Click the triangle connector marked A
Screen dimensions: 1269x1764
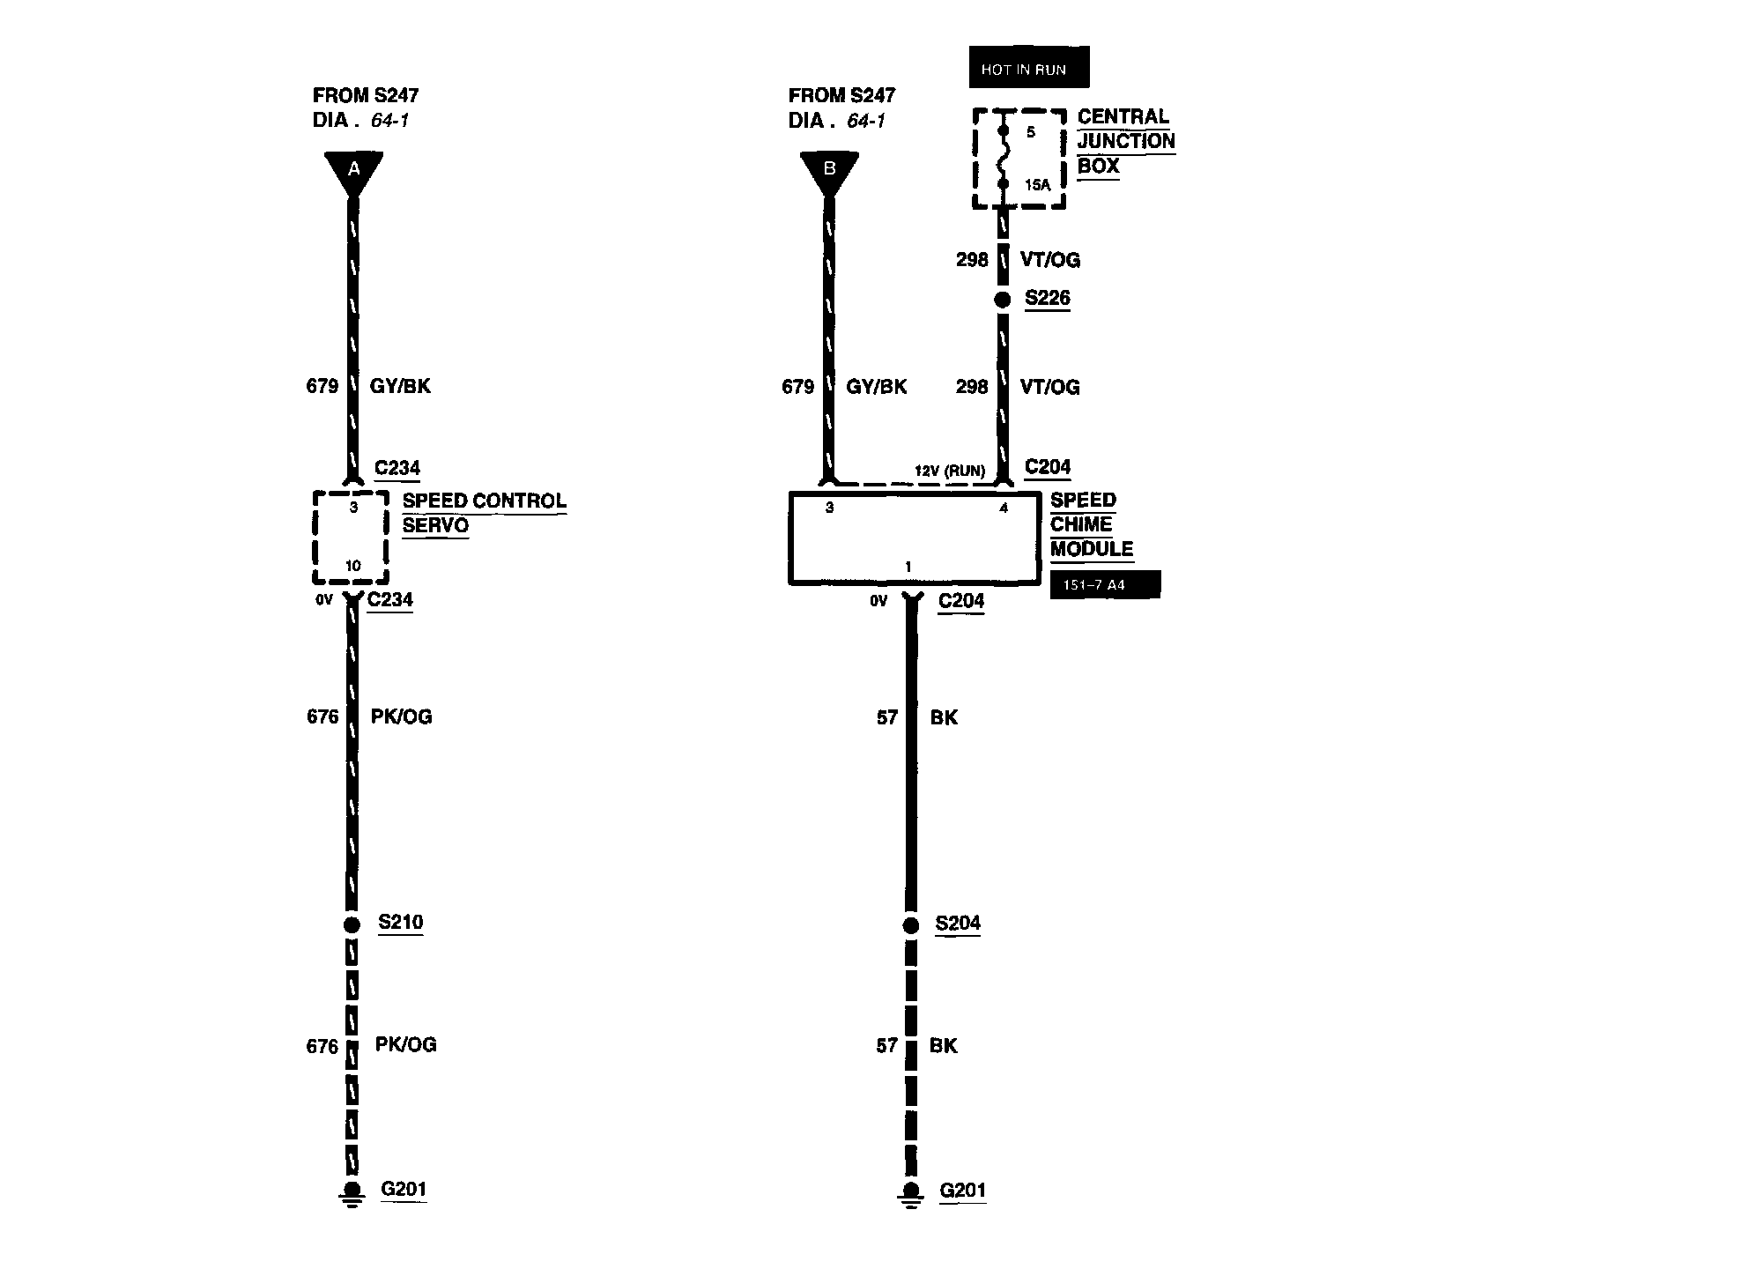point(353,170)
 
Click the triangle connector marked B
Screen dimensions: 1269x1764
point(829,170)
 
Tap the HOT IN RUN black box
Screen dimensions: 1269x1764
point(1028,68)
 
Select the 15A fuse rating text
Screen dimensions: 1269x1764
point(1038,185)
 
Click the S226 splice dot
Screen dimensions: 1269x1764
point(1002,300)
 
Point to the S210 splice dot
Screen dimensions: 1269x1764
point(352,924)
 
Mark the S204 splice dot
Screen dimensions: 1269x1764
point(911,925)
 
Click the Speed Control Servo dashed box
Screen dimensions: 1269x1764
point(352,538)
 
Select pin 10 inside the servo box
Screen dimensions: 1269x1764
point(352,566)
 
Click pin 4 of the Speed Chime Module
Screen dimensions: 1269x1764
point(1003,508)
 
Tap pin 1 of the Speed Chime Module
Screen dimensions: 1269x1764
point(908,567)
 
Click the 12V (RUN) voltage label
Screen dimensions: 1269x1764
point(949,471)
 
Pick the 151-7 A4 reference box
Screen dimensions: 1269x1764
point(1105,585)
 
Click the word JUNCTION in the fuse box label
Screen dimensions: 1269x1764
point(1125,141)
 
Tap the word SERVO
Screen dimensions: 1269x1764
point(435,525)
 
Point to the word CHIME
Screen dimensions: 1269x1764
point(1081,524)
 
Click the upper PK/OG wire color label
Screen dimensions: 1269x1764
point(401,716)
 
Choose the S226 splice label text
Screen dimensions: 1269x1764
point(1047,298)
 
